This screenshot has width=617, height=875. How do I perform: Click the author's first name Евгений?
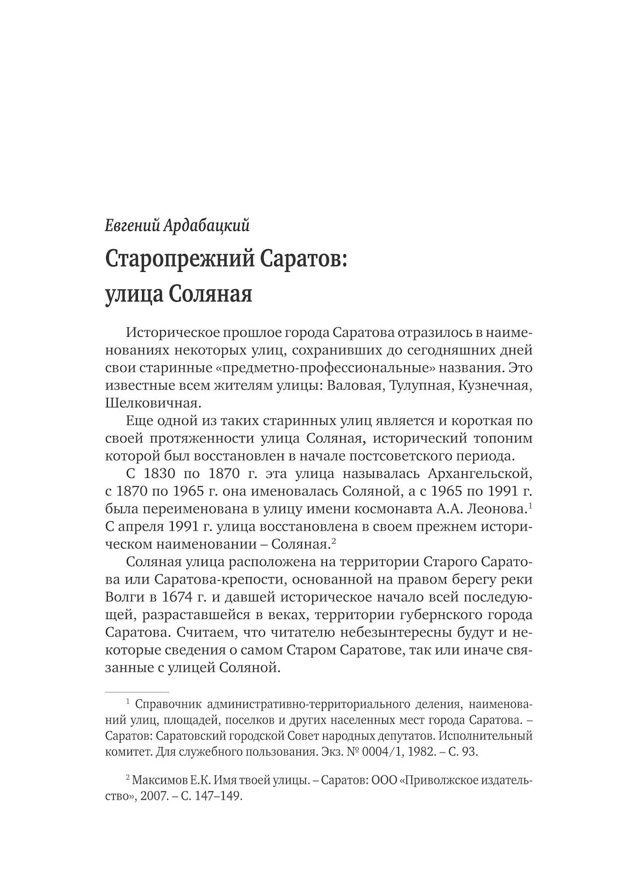pyautogui.click(x=131, y=225)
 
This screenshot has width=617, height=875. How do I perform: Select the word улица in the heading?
pyautogui.click(x=132, y=294)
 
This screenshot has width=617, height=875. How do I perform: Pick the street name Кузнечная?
pyautogui.click(x=495, y=385)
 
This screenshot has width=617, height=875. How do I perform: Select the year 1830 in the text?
pyautogui.click(x=162, y=473)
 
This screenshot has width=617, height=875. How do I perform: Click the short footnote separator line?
pyautogui.click(x=137, y=692)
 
